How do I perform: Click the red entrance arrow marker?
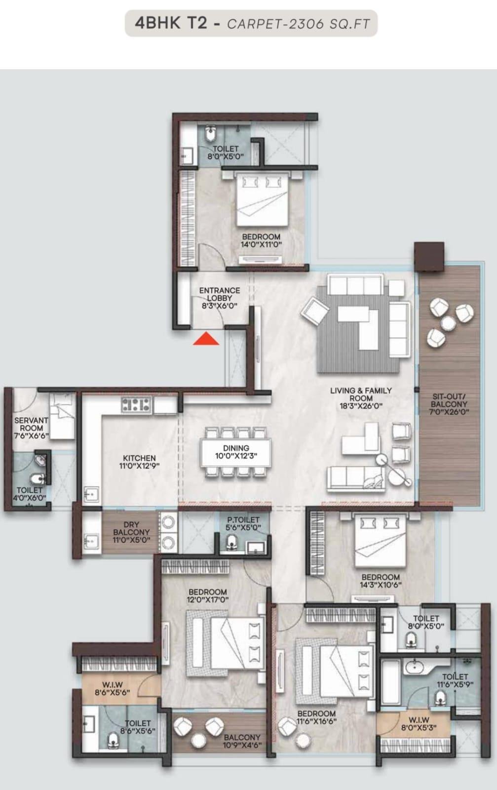pyautogui.click(x=206, y=339)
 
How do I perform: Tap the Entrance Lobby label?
pyautogui.click(x=220, y=298)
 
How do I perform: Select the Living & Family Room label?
pyautogui.click(x=361, y=398)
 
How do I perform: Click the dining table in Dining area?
pyautogui.click(x=236, y=452)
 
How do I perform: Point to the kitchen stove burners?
pyautogui.click(x=136, y=405)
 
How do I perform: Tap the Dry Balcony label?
pyautogui.click(x=131, y=532)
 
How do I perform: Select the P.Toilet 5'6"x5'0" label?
pyautogui.click(x=243, y=523)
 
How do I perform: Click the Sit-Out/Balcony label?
pyautogui.click(x=449, y=404)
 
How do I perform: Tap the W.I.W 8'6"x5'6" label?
pyautogui.click(x=113, y=688)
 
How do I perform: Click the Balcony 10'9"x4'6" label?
pyautogui.click(x=242, y=741)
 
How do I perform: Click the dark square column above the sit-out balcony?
pyautogui.click(x=429, y=256)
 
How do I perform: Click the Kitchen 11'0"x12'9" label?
pyautogui.click(x=139, y=462)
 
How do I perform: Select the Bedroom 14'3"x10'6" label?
pyautogui.click(x=380, y=581)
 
